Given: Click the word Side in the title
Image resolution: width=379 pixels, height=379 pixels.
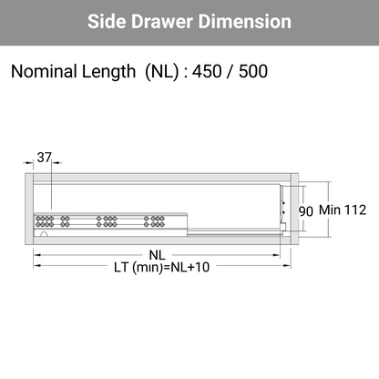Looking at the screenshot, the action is click(107, 22).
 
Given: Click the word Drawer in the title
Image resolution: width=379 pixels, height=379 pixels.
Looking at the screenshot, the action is click(162, 22).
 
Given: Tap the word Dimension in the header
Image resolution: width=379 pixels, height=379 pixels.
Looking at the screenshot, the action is click(245, 22).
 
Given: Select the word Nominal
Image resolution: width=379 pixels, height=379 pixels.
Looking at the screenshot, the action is click(44, 71).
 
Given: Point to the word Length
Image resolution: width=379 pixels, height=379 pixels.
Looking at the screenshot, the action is click(108, 72).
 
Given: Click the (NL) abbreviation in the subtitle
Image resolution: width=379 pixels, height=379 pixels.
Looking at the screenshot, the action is click(162, 72).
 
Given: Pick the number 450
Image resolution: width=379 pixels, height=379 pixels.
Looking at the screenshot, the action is click(207, 72).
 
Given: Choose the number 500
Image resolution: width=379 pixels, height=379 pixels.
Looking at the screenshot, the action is click(253, 72).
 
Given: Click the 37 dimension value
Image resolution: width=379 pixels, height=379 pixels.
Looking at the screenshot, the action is click(45, 158).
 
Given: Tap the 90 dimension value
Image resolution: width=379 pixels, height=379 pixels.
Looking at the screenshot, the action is click(305, 211).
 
